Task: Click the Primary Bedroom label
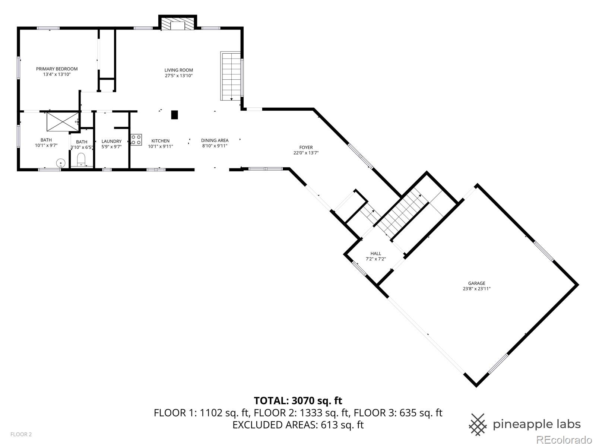(x=57, y=69)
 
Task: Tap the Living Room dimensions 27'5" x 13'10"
(x=179, y=76)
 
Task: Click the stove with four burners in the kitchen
(x=136, y=139)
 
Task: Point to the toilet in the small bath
(x=81, y=161)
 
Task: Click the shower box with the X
(x=63, y=121)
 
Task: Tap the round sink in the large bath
(x=61, y=163)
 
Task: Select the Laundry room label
(x=111, y=141)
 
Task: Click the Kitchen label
(x=160, y=141)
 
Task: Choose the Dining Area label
(x=215, y=140)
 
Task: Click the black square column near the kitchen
(x=174, y=115)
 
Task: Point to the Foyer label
(x=306, y=148)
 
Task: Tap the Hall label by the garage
(x=375, y=254)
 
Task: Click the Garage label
(x=477, y=283)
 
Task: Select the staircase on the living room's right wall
(x=231, y=76)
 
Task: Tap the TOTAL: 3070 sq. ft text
(x=298, y=401)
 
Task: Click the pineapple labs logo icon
(x=478, y=424)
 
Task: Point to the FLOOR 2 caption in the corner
(x=21, y=434)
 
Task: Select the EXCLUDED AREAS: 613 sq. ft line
(x=298, y=425)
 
